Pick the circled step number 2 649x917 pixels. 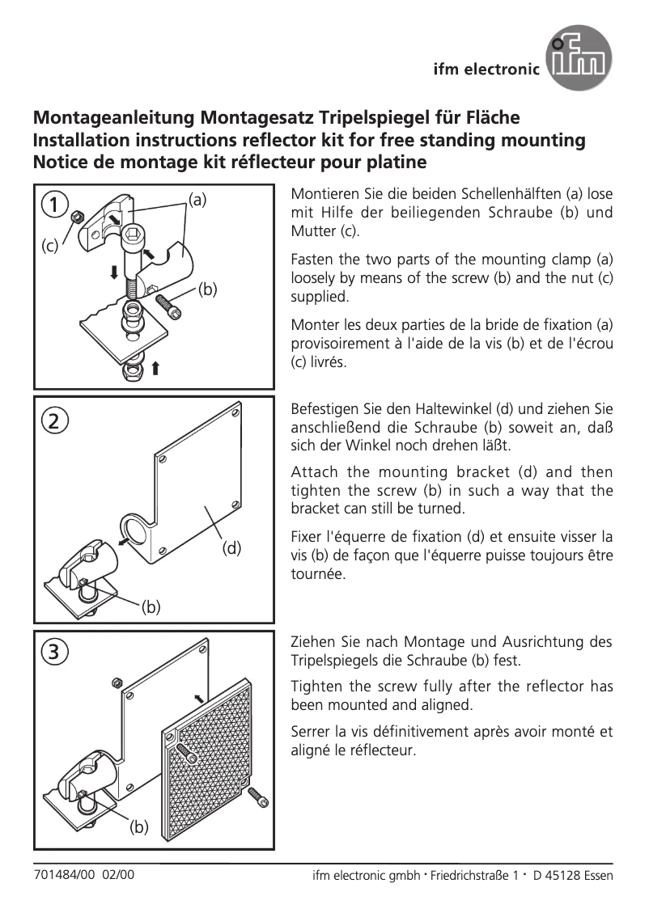click(x=53, y=420)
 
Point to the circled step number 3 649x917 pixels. click(x=53, y=650)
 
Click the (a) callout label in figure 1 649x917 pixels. click(x=197, y=198)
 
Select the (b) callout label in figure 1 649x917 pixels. click(x=207, y=288)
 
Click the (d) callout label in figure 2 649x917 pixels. click(x=232, y=548)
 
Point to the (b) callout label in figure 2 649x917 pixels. click(x=151, y=606)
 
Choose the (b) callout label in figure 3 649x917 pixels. click(x=141, y=827)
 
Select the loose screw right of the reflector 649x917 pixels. click(x=258, y=798)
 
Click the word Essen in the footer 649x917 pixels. click(x=597, y=876)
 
